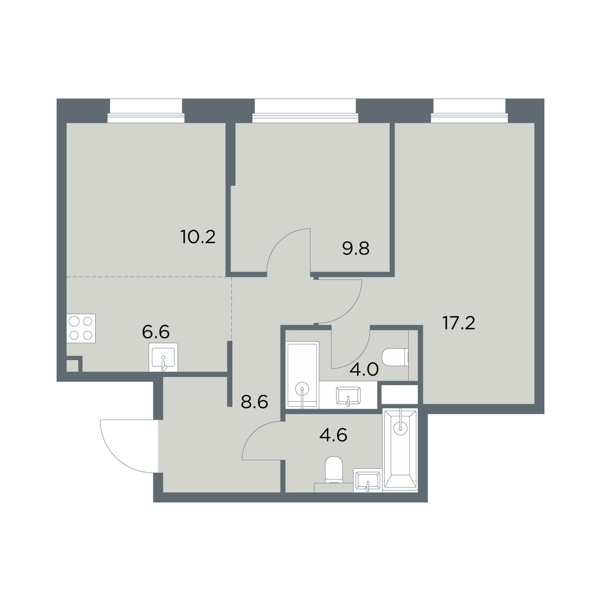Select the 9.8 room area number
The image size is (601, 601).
[x=356, y=248]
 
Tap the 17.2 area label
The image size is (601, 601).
[x=458, y=323]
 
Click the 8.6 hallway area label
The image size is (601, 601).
[x=254, y=402]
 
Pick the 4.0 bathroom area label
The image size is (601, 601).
[x=364, y=370]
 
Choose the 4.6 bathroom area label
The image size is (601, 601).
[x=334, y=435]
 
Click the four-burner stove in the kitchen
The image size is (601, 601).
[x=81, y=329]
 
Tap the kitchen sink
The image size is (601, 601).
[x=163, y=358]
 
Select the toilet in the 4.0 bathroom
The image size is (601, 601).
[x=395, y=358]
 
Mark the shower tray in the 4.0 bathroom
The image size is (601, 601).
[x=303, y=375]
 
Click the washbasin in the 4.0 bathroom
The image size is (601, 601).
[x=348, y=396]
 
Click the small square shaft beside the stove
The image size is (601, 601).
[x=72, y=366]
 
